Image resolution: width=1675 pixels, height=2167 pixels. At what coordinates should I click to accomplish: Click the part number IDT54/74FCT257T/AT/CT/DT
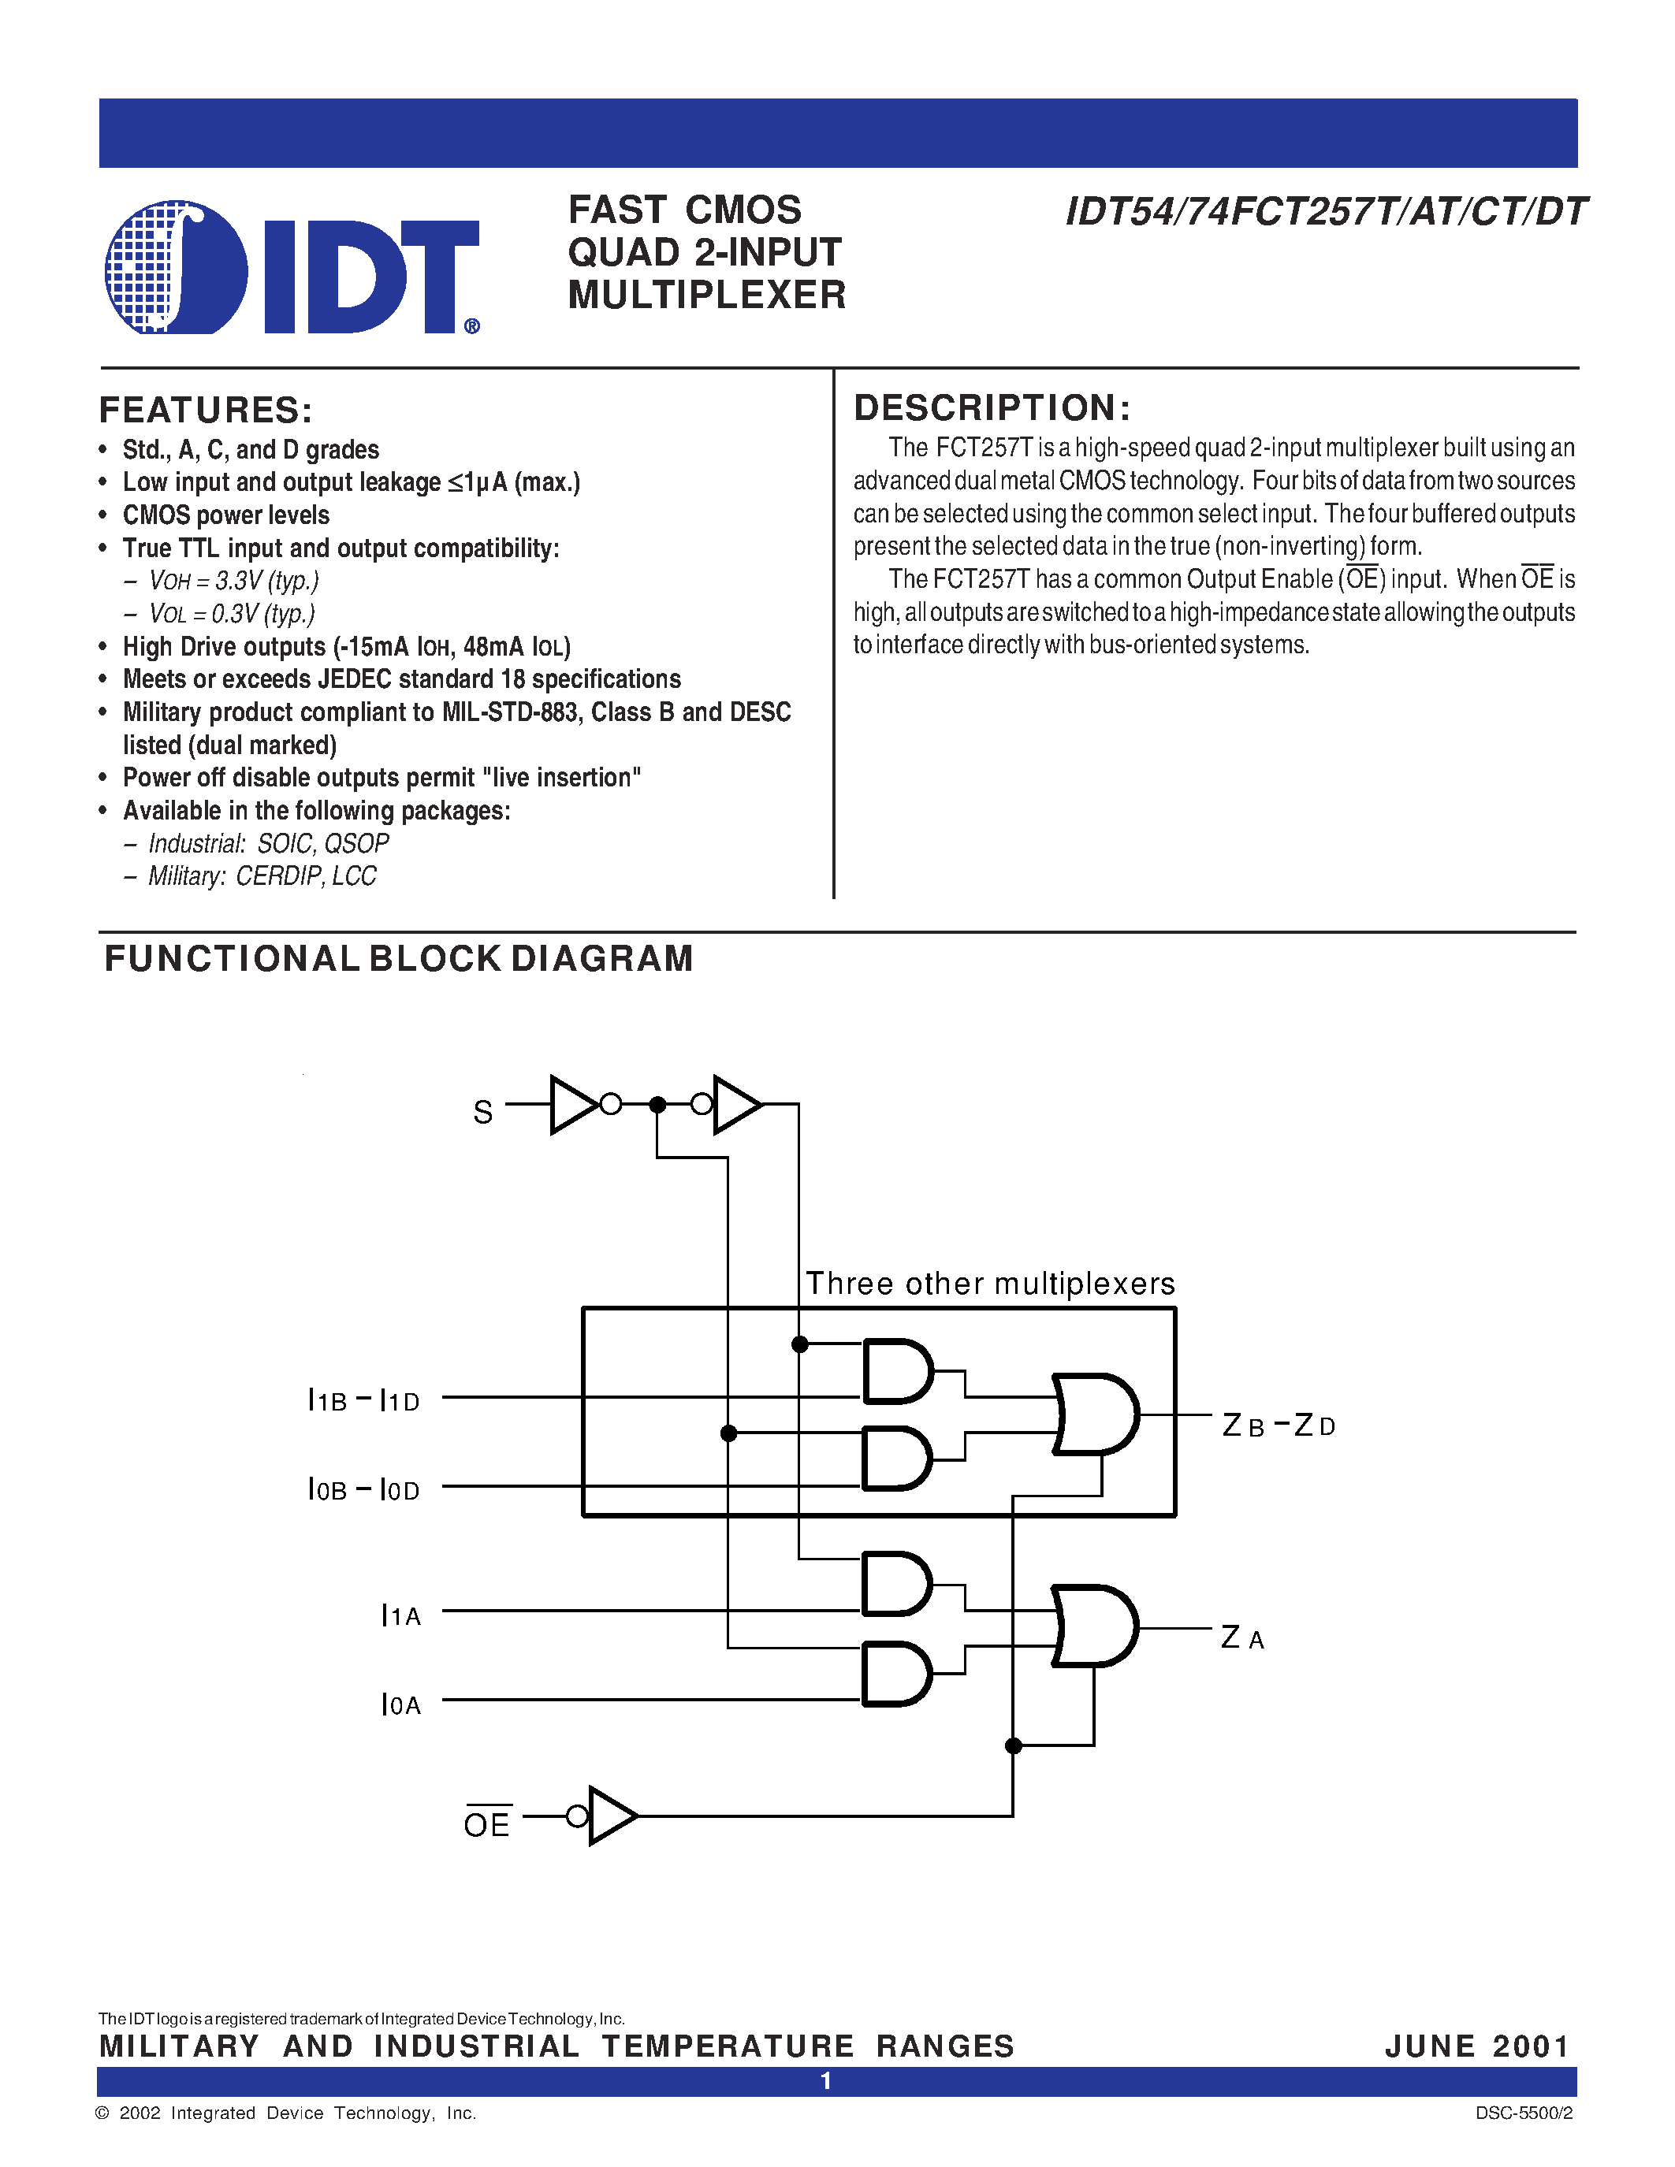(x=1325, y=212)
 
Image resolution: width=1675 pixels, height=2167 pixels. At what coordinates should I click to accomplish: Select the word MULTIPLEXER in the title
(x=706, y=295)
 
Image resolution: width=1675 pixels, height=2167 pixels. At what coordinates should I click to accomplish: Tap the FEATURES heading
(x=206, y=410)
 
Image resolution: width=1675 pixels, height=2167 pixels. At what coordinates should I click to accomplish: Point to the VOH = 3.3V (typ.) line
(x=233, y=581)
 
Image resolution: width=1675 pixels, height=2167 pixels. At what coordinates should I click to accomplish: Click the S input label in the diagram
(x=482, y=1113)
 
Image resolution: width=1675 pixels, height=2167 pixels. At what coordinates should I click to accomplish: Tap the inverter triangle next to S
(x=572, y=1103)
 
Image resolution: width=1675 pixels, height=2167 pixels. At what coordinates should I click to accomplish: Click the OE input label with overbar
(x=486, y=1823)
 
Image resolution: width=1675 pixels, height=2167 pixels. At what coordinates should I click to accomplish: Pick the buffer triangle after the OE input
(x=609, y=1816)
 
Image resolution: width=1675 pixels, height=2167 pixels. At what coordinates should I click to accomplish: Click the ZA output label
(x=1241, y=1638)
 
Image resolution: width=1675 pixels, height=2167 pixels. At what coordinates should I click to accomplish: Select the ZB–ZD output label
(x=1278, y=1425)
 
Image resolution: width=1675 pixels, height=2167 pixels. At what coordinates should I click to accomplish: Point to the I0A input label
(x=401, y=1704)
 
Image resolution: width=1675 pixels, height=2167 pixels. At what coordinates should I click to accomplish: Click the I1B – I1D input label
(x=363, y=1401)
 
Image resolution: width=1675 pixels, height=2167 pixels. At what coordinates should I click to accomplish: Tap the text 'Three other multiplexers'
(x=989, y=1284)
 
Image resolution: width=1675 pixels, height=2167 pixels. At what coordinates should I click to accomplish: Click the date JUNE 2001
(x=1476, y=2046)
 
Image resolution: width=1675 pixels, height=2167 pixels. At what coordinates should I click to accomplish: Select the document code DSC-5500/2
(x=1523, y=2113)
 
